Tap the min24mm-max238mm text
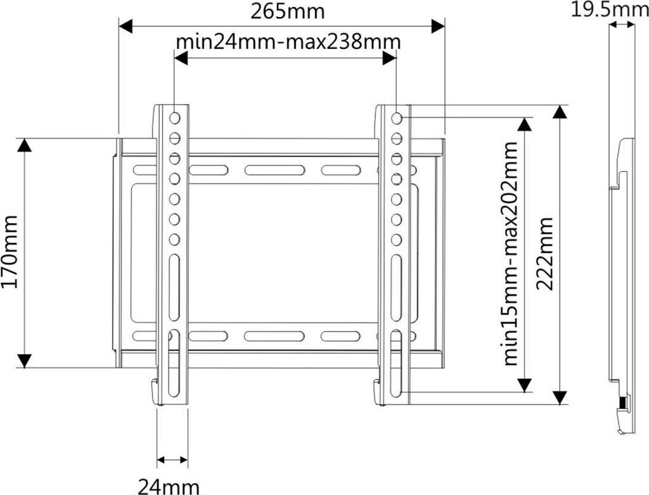[288, 42]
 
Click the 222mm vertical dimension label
[546, 254]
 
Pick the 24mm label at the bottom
[169, 486]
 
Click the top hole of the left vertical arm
[175, 118]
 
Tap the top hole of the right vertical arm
[396, 118]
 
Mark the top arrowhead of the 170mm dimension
[24, 145]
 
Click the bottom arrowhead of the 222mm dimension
[558, 397]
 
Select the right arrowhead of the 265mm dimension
[437, 26]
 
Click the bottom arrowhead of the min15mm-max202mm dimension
[524, 384]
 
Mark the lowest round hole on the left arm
[175, 240]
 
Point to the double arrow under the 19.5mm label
[622, 25]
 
